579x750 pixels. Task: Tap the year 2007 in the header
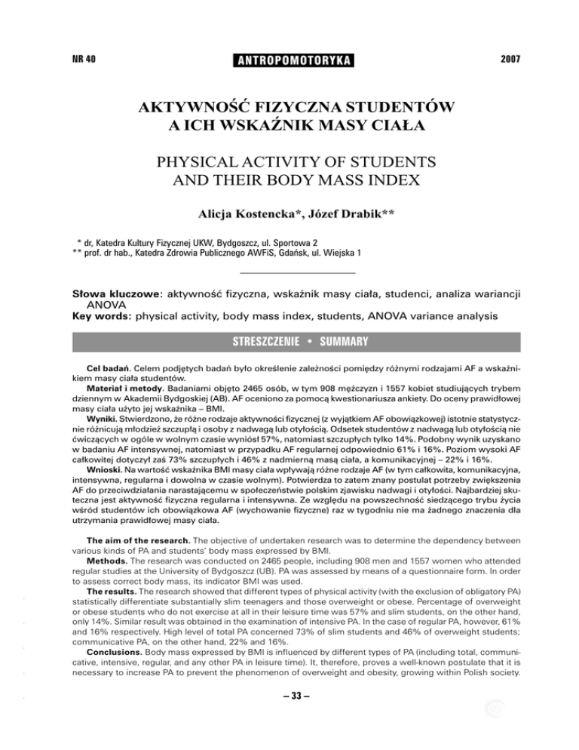point(507,57)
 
